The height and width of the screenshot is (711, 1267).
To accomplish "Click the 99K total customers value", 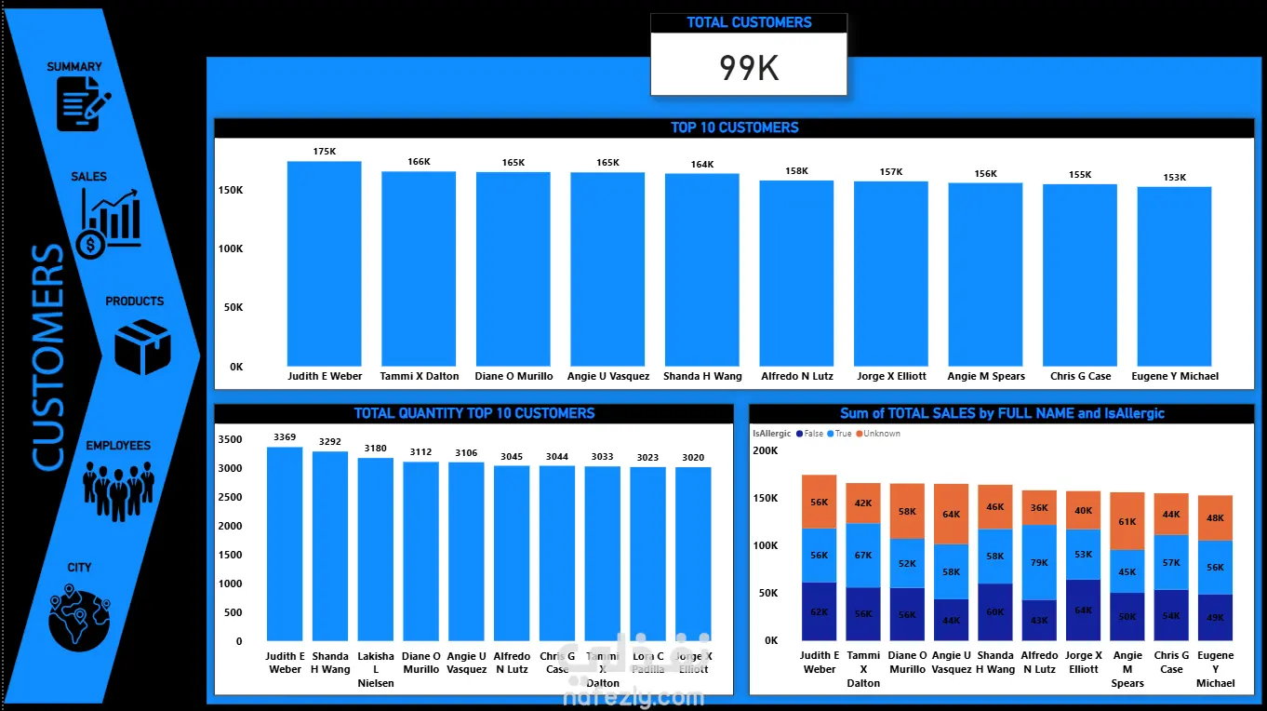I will (749, 67).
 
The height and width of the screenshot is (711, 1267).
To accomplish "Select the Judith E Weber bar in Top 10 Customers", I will (324, 264).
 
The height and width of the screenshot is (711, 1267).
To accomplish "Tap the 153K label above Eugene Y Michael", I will (1174, 177).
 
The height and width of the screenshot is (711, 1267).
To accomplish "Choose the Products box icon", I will (141, 346).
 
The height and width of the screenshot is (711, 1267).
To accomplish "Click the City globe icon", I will (79, 616).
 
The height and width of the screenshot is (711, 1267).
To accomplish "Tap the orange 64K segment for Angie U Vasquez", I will (951, 514).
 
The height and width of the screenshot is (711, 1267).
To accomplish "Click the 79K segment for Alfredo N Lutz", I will (1039, 562).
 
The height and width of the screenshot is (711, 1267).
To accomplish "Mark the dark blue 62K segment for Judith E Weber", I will (820, 611).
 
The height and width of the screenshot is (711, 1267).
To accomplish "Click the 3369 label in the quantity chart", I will (285, 436).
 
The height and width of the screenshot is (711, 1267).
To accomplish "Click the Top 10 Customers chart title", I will (734, 127).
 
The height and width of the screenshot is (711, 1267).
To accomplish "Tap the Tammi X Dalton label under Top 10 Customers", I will (420, 377).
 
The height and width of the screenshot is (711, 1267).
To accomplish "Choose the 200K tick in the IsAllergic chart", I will (766, 450).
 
